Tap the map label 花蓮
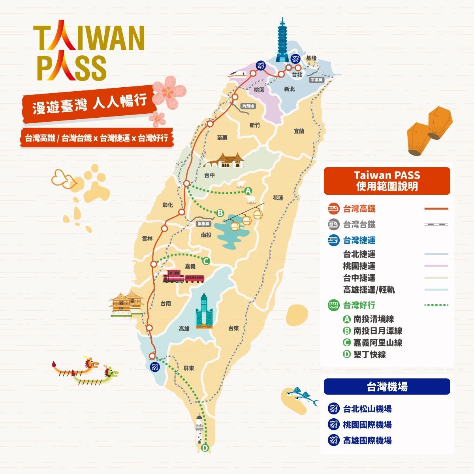(x=278, y=197)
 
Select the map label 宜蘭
(x=299, y=131)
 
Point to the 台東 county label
(x=233, y=328)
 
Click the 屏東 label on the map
(x=189, y=368)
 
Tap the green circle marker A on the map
(x=248, y=191)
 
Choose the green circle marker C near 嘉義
(x=205, y=261)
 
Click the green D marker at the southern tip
(x=205, y=448)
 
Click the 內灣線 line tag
(x=248, y=106)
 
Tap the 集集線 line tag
(x=204, y=224)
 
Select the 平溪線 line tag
(x=316, y=79)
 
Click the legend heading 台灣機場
(x=387, y=387)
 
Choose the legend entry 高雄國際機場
(x=367, y=440)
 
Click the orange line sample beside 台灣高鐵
(x=436, y=209)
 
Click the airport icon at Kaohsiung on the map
(x=154, y=366)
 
